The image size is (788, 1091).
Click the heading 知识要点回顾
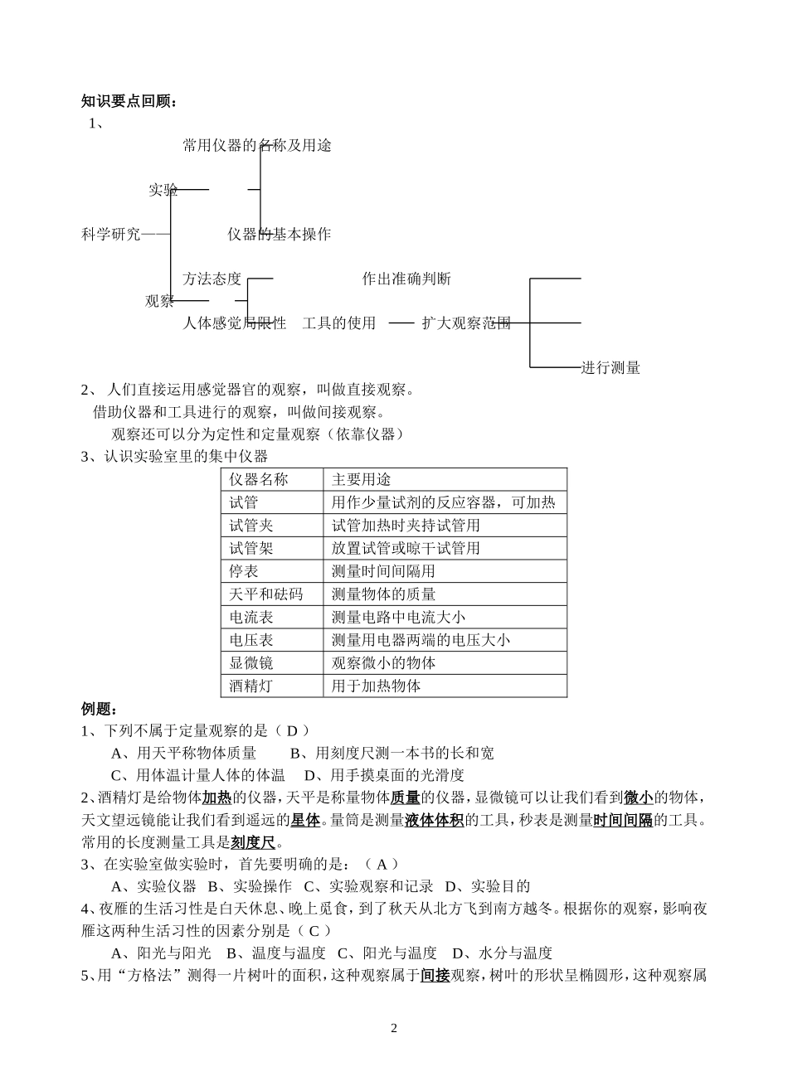[x=129, y=102]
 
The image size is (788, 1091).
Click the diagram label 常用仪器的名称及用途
[x=257, y=146]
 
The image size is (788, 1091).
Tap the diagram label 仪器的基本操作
[x=279, y=235]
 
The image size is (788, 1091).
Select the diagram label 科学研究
[x=111, y=235]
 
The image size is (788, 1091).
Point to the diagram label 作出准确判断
[x=406, y=279]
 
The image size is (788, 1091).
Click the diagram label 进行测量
[x=610, y=368]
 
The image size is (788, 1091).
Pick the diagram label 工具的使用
[x=338, y=323]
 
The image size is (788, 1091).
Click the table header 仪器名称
[x=259, y=479]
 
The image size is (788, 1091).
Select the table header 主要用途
[x=361, y=479]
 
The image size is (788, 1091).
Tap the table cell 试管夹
[x=251, y=526]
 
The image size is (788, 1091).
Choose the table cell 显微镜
[x=251, y=663]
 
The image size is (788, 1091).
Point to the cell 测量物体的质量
[x=383, y=594]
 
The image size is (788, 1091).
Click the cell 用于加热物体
[x=376, y=686]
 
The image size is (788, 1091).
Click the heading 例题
[x=100, y=709]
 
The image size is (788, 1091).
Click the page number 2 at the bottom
[x=394, y=1029]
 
